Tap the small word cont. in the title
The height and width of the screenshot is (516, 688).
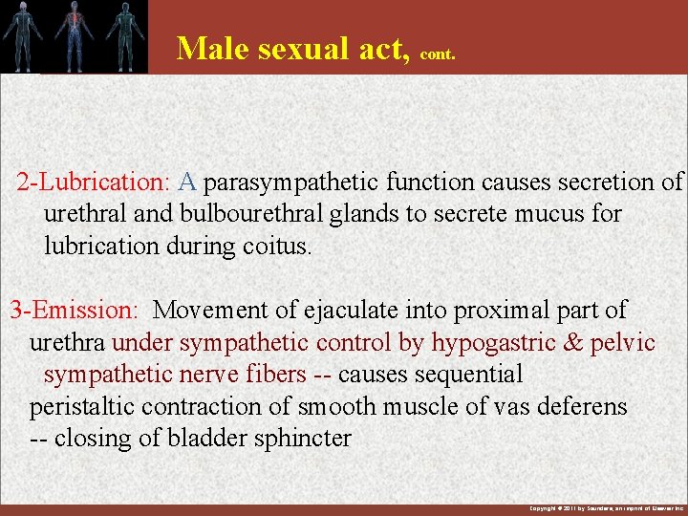coord(438,54)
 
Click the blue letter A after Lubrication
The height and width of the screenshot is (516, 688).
coord(187,182)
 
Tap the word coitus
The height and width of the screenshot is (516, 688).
coord(277,246)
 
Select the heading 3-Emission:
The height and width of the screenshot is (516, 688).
coord(75,310)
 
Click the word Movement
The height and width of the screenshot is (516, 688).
coord(210,310)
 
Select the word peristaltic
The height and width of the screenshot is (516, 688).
coord(82,407)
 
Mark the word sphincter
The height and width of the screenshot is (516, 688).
coord(299,439)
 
